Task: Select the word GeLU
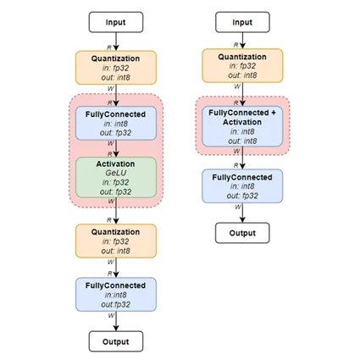point(115,169)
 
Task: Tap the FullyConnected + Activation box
point(242,125)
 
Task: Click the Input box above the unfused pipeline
point(115,23)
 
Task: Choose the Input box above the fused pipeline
point(242,23)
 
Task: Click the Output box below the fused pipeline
point(242,232)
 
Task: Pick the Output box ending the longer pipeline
point(115,341)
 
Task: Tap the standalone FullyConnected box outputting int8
point(242,186)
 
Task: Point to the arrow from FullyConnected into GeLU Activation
point(115,147)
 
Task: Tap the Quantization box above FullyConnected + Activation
point(242,66)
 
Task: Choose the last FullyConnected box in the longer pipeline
point(115,293)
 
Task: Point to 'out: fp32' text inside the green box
point(115,191)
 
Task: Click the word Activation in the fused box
point(242,120)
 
